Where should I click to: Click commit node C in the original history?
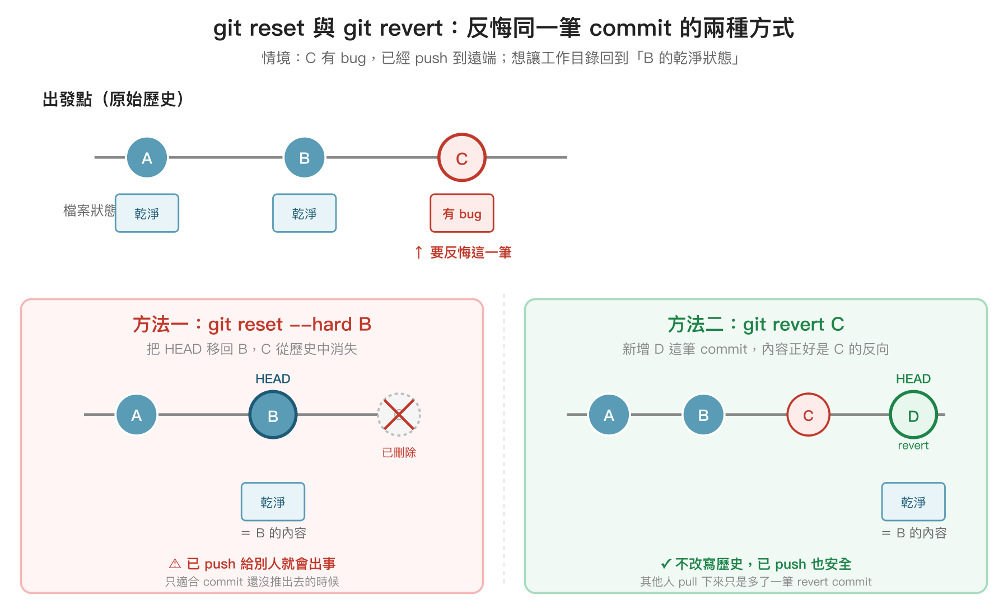click(461, 158)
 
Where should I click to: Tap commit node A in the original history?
click(147, 158)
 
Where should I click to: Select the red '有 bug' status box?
click(461, 213)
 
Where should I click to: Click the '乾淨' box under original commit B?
click(304, 213)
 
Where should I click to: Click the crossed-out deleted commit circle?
click(399, 415)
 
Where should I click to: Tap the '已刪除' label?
click(399, 452)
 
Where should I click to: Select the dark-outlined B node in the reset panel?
click(273, 415)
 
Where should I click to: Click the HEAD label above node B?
click(273, 379)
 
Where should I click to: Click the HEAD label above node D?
click(913, 379)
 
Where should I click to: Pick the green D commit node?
click(913, 415)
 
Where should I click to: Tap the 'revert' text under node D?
click(913, 446)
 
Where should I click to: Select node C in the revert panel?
click(808, 415)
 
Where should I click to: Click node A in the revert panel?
click(609, 415)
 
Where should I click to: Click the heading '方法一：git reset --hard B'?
click(252, 325)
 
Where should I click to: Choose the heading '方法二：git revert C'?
click(755, 325)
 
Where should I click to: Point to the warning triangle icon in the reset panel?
click(175, 564)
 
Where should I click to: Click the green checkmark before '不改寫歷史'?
click(665, 564)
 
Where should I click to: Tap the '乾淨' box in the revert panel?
click(913, 502)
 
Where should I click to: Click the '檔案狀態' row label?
click(88, 210)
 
